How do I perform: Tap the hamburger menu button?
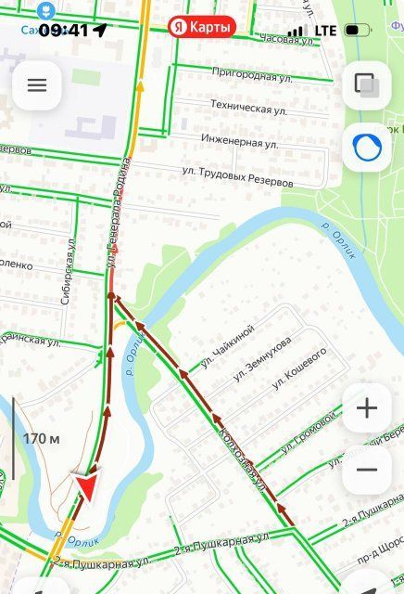click(36, 85)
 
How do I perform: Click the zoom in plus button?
click(367, 408)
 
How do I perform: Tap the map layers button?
click(367, 85)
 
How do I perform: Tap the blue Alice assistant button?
click(367, 147)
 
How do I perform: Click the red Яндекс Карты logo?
click(202, 28)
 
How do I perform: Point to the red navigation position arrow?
click(86, 487)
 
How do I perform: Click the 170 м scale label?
click(42, 438)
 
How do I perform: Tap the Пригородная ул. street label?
click(246, 72)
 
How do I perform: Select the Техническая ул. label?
click(248, 108)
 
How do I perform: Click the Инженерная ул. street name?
click(240, 141)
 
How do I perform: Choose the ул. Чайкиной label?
click(228, 342)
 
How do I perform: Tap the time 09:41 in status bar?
click(63, 30)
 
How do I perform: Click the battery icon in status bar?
click(357, 31)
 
